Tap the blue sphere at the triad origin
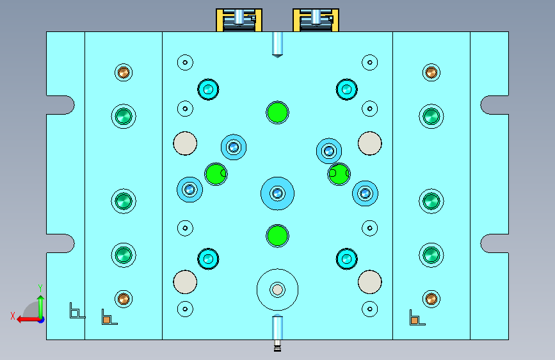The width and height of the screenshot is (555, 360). pos(40,318)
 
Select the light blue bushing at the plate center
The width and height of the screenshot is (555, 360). pos(277,193)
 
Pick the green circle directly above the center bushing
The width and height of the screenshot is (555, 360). pos(277,112)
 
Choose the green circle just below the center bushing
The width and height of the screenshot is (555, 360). pos(277,235)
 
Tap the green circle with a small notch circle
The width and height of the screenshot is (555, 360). pos(339,173)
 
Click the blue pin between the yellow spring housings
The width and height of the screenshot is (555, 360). pos(277,44)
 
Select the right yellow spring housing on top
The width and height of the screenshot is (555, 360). pos(315,20)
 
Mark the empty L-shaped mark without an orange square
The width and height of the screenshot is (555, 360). pos(76,311)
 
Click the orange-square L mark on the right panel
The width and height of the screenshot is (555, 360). pos(416,318)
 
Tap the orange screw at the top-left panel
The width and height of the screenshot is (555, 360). pos(123,72)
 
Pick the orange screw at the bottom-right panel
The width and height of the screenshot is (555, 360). pos(431,298)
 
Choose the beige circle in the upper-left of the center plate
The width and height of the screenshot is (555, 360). pos(185,143)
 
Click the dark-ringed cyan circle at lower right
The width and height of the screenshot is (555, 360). pos(346,259)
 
